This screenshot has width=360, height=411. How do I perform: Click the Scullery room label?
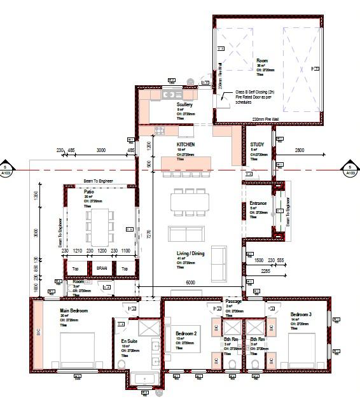[x=184, y=104]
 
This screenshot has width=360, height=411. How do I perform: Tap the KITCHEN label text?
[x=186, y=145]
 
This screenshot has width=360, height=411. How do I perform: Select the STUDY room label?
[x=257, y=145]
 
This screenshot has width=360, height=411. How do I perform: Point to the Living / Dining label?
[x=190, y=253]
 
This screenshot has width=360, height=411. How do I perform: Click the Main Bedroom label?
[x=74, y=310]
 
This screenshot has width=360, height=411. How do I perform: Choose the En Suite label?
[x=129, y=342]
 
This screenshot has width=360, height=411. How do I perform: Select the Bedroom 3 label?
[x=301, y=315]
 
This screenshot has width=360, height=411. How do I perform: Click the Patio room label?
[x=89, y=192]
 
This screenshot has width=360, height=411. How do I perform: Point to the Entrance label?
[x=258, y=204]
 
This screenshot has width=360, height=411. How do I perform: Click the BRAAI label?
[x=102, y=268]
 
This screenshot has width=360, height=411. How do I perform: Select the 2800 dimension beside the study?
[x=300, y=150]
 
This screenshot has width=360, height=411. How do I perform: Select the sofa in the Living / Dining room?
[x=218, y=256]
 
